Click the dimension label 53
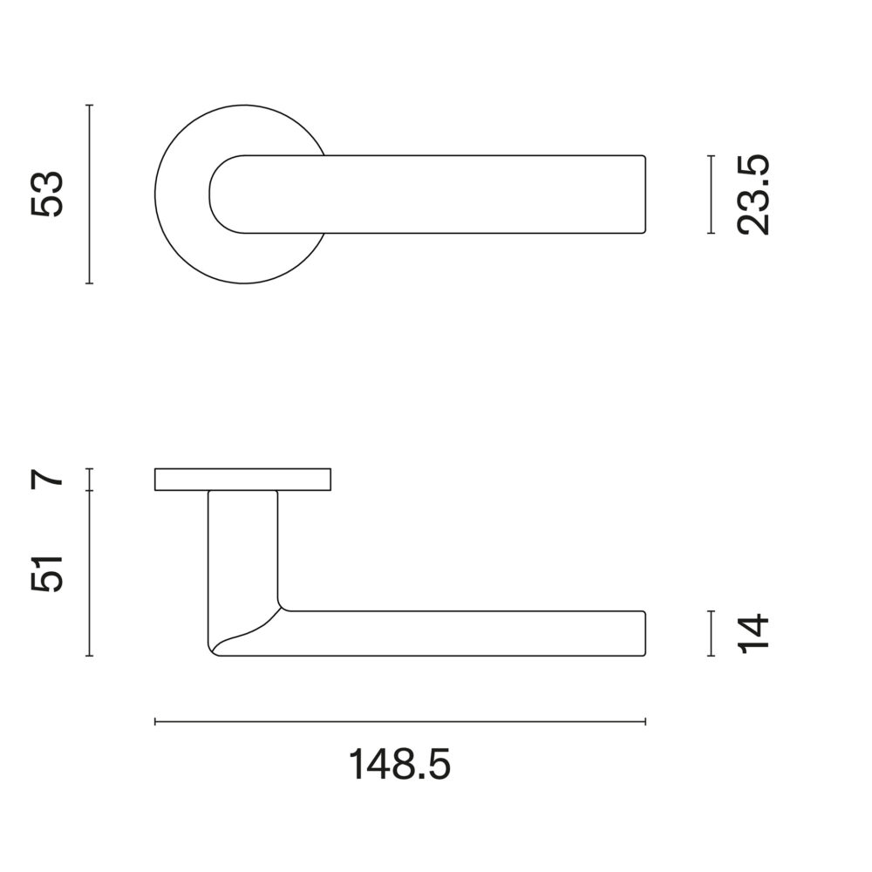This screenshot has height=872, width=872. [48, 194]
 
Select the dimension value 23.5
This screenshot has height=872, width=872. [753, 194]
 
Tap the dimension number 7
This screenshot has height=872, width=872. [48, 479]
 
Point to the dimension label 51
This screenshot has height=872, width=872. [48, 574]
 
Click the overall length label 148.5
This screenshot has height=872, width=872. [399, 765]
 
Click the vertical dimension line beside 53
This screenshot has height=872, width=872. [90, 194]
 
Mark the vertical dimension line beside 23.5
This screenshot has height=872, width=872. [710, 194]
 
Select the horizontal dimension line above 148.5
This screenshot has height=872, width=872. [400, 722]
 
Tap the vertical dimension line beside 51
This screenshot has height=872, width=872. [90, 574]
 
